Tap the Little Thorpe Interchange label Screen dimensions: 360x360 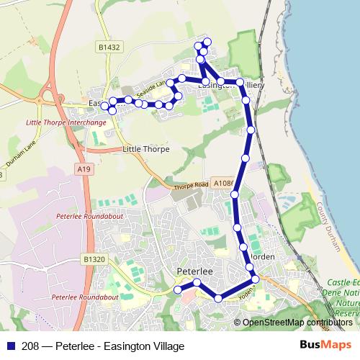[x=66, y=122]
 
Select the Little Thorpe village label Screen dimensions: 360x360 [x=146, y=149]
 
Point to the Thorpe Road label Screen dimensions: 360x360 [x=191, y=185]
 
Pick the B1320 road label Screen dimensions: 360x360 [x=94, y=258]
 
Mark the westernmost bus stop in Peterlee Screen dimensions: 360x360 [x=178, y=289]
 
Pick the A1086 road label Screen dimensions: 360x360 [x=224, y=184]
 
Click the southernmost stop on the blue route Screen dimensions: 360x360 [x=218, y=298]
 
